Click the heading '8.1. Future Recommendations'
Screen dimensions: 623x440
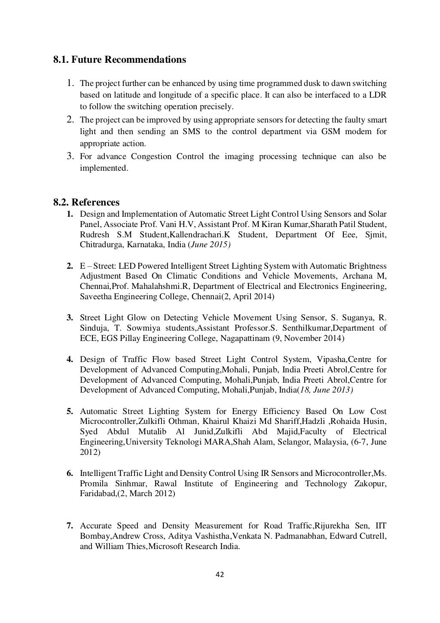(119, 59)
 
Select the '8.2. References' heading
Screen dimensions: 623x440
(86, 202)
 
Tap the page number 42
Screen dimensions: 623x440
(220, 574)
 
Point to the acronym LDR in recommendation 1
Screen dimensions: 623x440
(378, 95)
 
